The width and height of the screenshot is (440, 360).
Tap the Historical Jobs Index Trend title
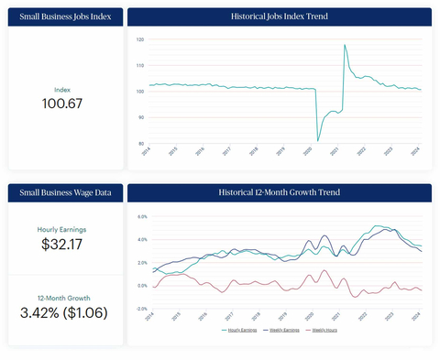279,16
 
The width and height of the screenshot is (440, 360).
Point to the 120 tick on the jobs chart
139,40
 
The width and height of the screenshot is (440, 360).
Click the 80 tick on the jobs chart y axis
139,144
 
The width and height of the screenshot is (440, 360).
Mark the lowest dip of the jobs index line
318,140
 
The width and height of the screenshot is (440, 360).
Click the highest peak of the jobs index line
345,45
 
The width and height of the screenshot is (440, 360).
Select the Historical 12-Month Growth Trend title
279,192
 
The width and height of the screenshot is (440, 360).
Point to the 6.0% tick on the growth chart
142,217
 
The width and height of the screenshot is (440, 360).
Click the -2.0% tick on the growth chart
142,309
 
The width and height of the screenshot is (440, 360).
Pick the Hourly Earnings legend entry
241,329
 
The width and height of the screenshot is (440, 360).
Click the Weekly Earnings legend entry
282,329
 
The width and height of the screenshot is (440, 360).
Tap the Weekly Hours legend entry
323,329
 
